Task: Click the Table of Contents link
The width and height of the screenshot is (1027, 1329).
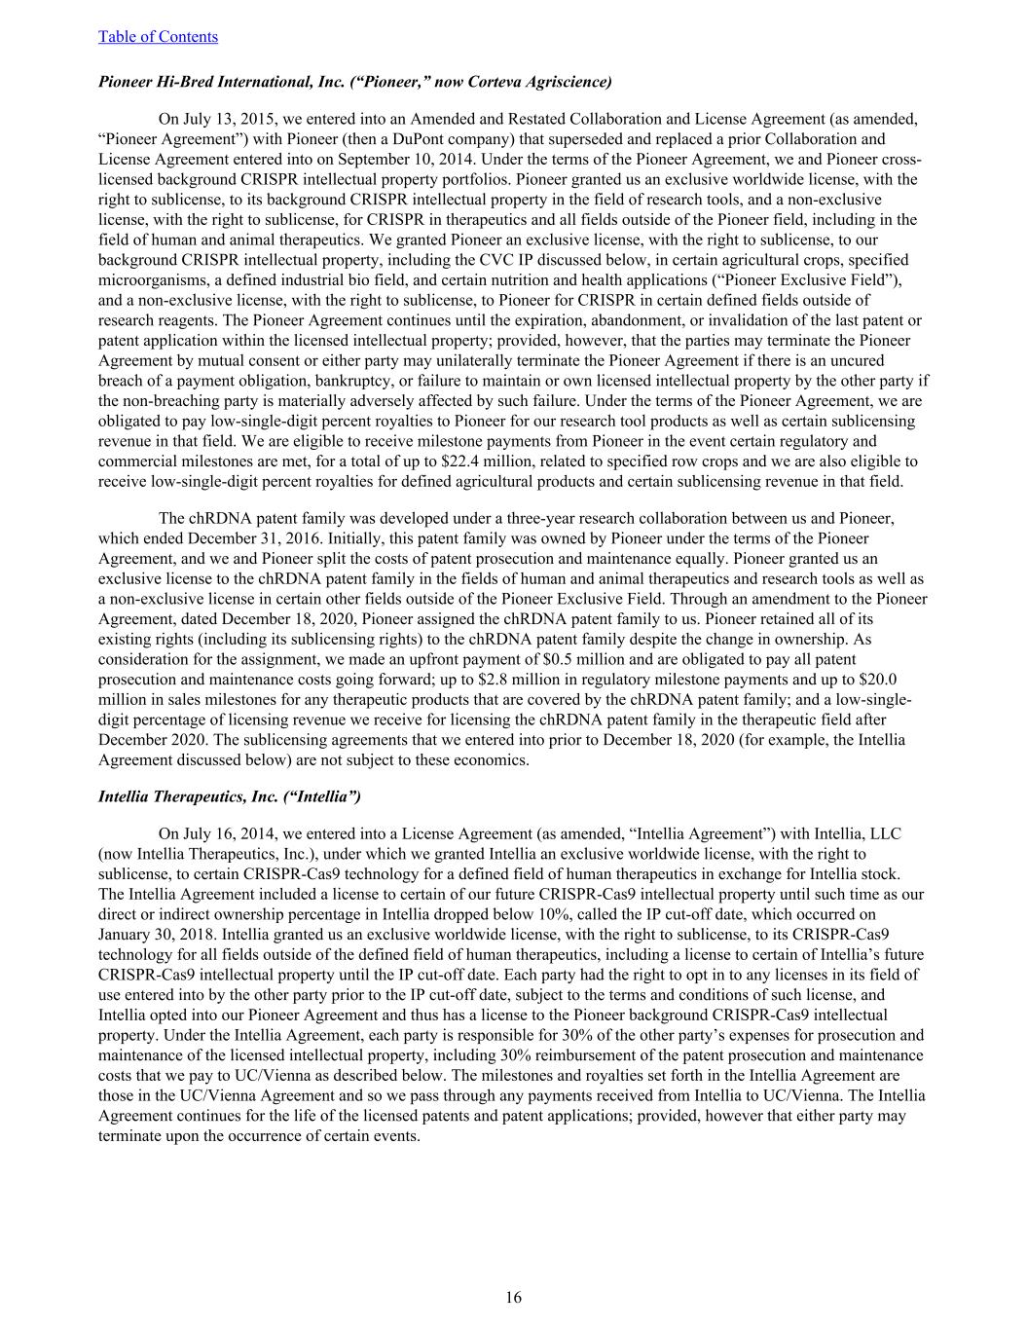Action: (x=158, y=37)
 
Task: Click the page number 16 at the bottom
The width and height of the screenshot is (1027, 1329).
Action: (x=513, y=1297)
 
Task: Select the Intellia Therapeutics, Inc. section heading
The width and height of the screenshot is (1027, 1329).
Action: (x=230, y=796)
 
